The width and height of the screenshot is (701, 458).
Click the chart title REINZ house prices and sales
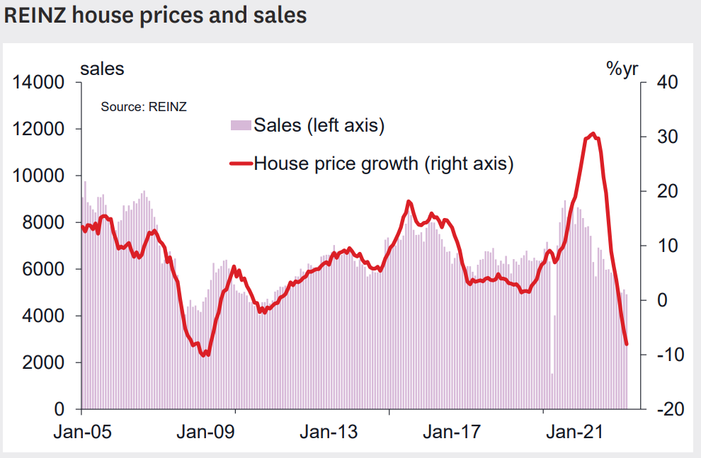pyautogui.click(x=156, y=16)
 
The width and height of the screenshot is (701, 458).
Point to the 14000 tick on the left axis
pyautogui.click(x=38, y=83)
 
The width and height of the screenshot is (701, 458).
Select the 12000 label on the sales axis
pyautogui.click(x=38, y=130)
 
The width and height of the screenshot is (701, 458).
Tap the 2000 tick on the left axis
pyautogui.click(x=44, y=363)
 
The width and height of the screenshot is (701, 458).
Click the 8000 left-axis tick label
pyautogui.click(x=44, y=223)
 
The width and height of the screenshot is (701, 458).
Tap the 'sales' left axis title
pyautogui.click(x=102, y=69)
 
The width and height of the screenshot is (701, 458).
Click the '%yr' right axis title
pyautogui.click(x=622, y=69)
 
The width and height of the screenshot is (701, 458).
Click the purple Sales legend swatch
pyautogui.click(x=241, y=126)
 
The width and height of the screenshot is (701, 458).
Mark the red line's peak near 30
pyautogui.click(x=593, y=134)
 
